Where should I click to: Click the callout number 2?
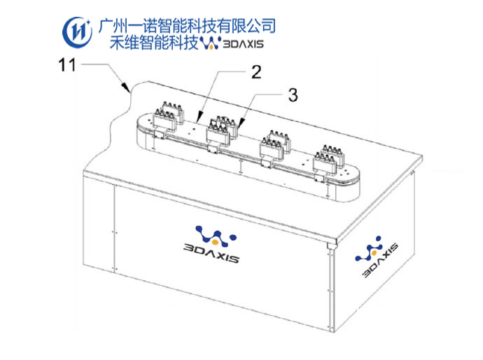pos(257,71)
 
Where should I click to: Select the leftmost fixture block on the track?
pos(167,113)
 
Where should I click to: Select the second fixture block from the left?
pos(219,130)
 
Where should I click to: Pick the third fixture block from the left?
pos(274,145)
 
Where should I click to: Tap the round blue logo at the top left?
pos(76,30)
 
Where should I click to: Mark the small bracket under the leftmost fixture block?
pos(160,133)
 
